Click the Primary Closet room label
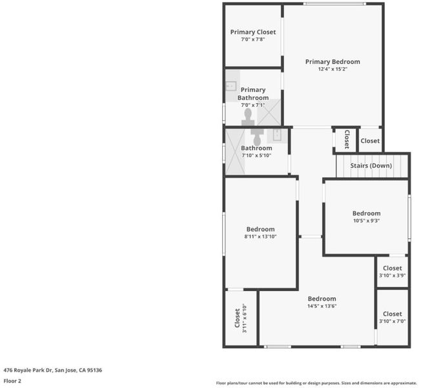pos(253,32)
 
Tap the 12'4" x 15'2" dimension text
pos(333,69)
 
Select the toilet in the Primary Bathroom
pos(248,117)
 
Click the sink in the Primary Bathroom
pos(231,86)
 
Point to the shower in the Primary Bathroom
pos(269,112)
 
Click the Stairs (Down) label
pos(371,166)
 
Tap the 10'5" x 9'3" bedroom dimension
pos(366,221)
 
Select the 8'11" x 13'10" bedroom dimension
pos(260,237)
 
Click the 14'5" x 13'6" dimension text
pos(322,306)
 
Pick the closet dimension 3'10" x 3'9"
pos(393,275)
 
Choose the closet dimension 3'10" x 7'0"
pos(393,321)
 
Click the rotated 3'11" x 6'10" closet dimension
pos(244,318)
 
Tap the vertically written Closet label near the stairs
pos(347,140)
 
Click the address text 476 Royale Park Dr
pos(27,371)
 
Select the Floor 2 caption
pos(12,381)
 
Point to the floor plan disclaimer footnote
pos(316,383)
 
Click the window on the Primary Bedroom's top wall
pos(334,4)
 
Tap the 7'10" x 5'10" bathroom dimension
pos(256,155)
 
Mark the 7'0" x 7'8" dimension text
pos(253,39)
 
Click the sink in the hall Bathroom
pos(277,135)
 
